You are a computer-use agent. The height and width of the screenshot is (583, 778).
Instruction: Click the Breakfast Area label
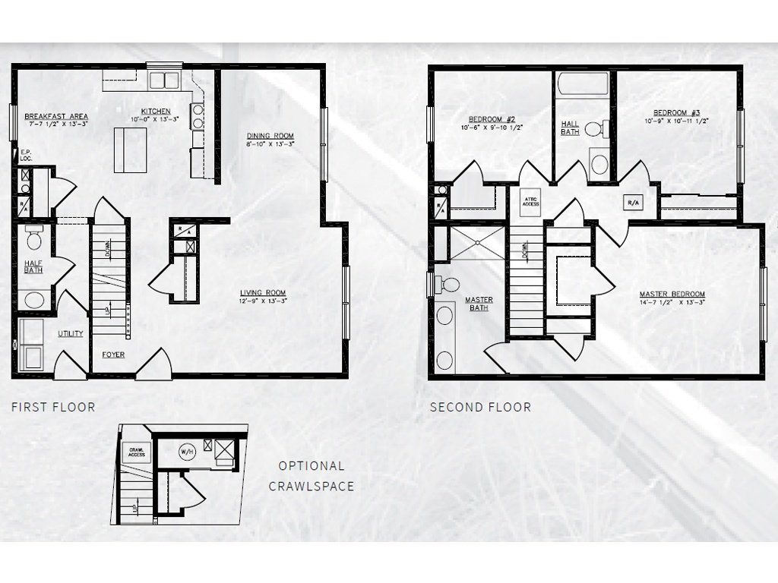tap(56, 116)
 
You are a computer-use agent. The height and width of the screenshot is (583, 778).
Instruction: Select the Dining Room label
tap(270, 137)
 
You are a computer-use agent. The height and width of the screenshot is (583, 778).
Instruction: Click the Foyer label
tap(113, 355)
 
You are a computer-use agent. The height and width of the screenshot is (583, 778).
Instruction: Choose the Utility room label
tap(71, 333)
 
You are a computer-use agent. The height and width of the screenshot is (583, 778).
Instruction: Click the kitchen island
tap(130, 150)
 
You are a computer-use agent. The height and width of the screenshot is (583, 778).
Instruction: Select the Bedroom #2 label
tap(492, 120)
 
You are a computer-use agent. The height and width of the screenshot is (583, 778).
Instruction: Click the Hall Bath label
tap(570, 128)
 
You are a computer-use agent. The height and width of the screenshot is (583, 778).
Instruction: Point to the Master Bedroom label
tap(672, 294)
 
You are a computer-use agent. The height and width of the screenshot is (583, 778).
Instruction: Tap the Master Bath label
tap(479, 304)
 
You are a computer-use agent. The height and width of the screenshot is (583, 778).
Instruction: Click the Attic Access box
tap(530, 201)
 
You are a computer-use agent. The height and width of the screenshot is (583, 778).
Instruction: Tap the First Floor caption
tap(53, 407)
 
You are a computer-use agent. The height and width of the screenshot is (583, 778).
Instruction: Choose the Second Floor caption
tap(480, 407)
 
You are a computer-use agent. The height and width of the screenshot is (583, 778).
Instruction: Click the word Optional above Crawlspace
tap(311, 466)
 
